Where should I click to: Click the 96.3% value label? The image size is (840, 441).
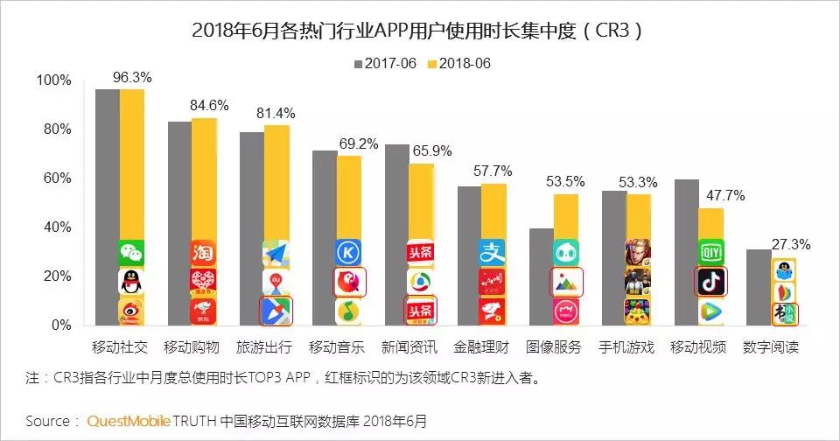coord(131,77)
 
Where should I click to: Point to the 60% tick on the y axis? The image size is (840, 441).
coord(57,178)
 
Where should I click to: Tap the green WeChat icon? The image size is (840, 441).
coord(131,253)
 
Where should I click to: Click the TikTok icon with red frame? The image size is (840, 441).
coord(710,282)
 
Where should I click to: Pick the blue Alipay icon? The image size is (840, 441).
coord(492,253)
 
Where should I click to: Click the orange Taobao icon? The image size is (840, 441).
coord(203,253)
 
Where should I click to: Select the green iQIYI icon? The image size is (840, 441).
coord(710,253)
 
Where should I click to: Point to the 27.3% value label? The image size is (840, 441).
coord(789,244)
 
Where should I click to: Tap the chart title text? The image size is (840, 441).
coord(419,31)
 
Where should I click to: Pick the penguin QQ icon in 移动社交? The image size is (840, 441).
coord(131,282)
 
